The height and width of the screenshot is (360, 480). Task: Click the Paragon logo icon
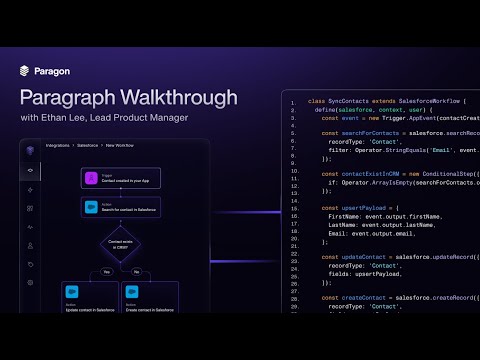coord(25,71)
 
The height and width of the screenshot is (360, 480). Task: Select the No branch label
coord(136,271)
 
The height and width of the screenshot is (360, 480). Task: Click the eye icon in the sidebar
coord(31,171)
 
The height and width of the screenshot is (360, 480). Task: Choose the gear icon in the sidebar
coord(31,283)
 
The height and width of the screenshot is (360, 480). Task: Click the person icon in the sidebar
coord(31,245)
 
